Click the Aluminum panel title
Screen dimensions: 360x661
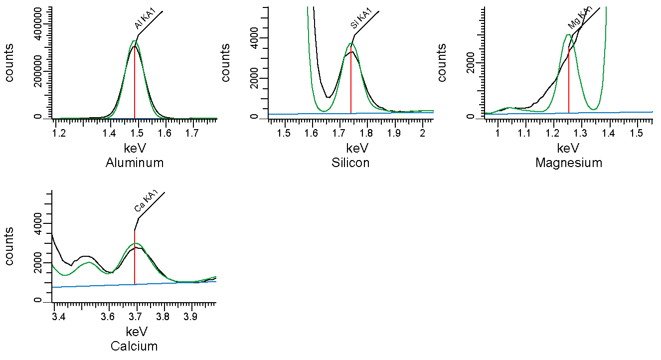[135, 163]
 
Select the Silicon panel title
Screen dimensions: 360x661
[350, 163]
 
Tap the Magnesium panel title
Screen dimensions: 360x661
[569, 163]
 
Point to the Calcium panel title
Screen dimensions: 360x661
[134, 346]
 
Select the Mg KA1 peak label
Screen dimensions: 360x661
[579, 18]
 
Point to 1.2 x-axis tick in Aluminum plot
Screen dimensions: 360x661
[59, 133]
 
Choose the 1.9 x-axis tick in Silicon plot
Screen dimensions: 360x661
[394, 133]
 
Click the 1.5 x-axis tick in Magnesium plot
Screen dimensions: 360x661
[637, 133]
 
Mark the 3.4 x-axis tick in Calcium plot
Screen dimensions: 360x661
[59, 317]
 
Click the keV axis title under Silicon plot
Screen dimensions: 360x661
[350, 149]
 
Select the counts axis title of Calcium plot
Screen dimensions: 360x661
[9, 246]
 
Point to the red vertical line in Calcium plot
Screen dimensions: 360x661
[135, 259]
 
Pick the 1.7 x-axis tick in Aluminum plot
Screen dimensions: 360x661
[192, 133]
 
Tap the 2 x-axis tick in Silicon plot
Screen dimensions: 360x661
[422, 133]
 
